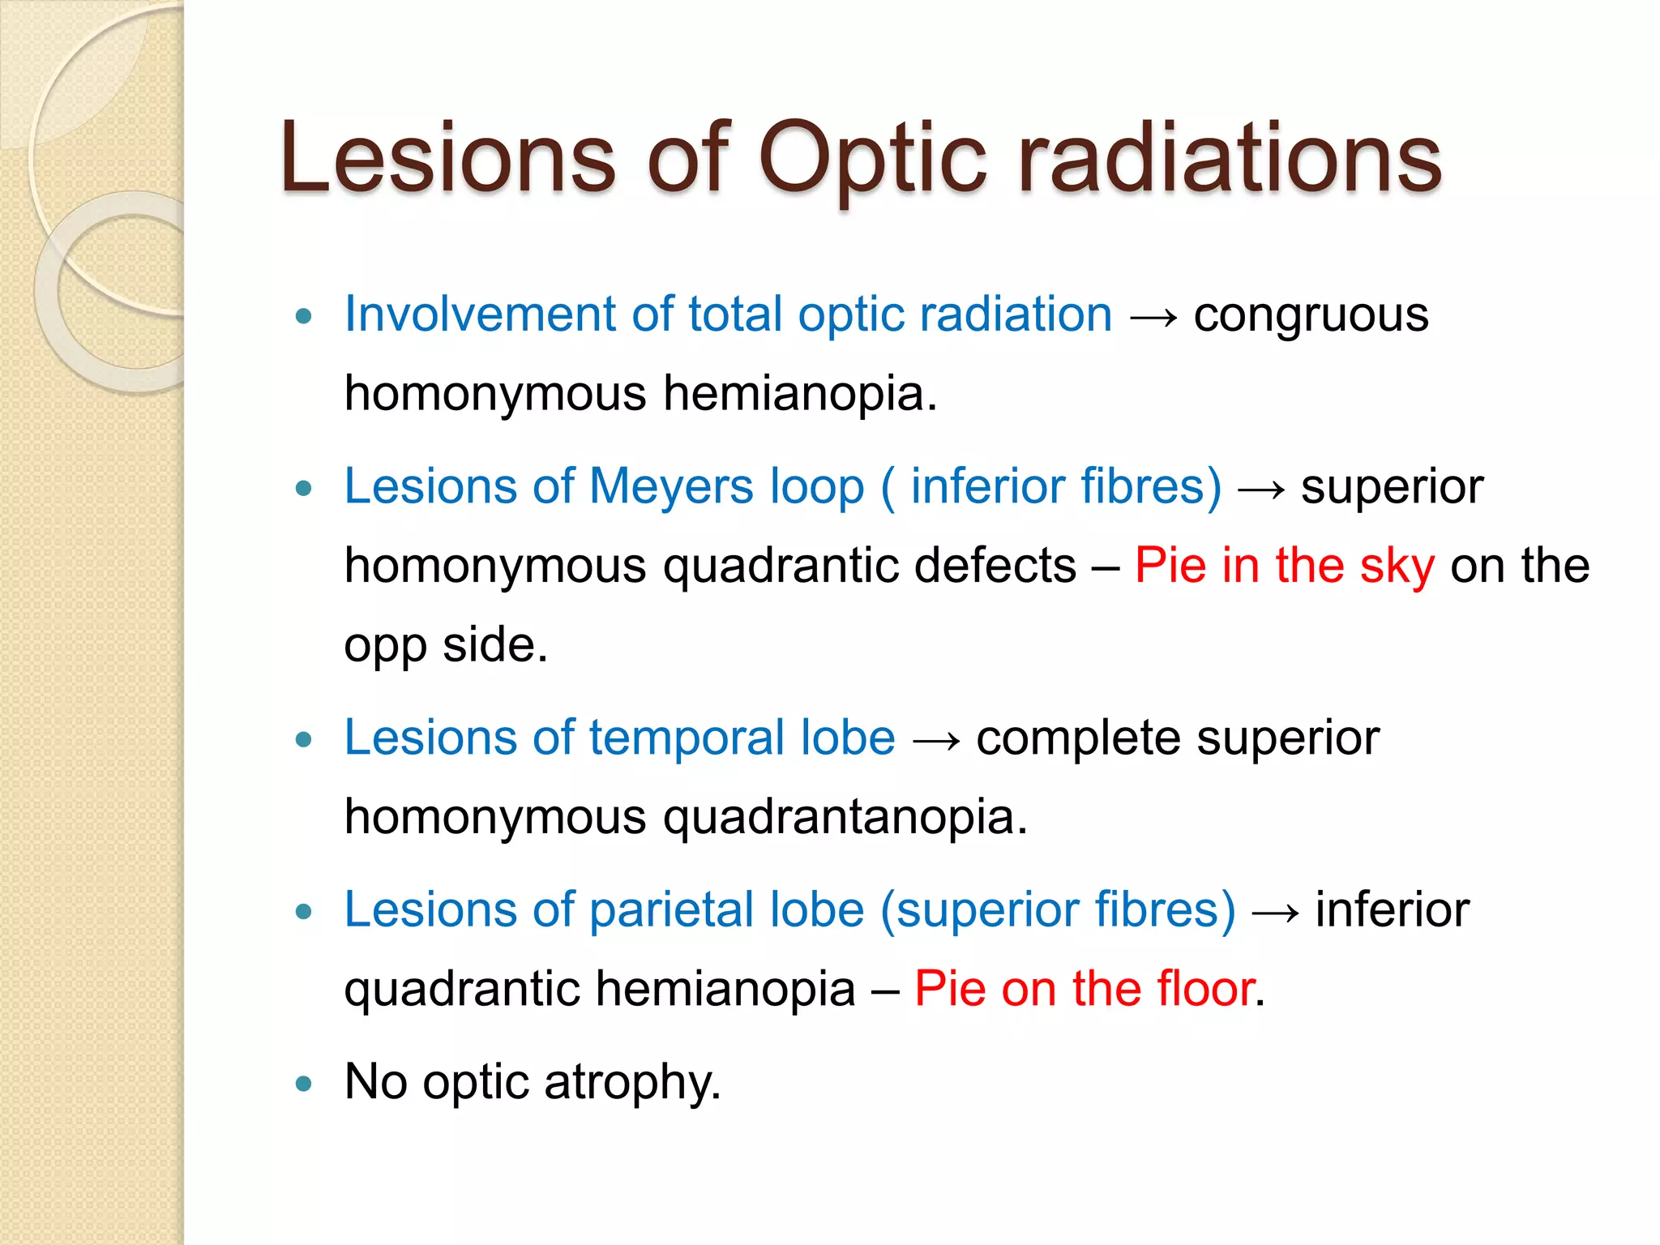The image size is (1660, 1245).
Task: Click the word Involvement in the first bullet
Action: (479, 314)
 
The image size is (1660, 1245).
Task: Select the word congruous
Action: (1311, 314)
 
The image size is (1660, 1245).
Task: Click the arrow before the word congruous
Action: (1153, 316)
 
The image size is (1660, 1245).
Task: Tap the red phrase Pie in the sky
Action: (1284, 565)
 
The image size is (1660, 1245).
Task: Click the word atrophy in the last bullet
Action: (632, 1082)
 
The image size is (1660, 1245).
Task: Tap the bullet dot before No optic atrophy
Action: (304, 1084)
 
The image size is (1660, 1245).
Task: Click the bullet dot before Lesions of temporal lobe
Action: (304, 739)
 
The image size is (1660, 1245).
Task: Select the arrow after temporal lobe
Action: (935, 739)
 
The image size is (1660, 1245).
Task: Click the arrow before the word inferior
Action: (1275, 911)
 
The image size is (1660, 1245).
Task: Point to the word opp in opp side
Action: (385, 646)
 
